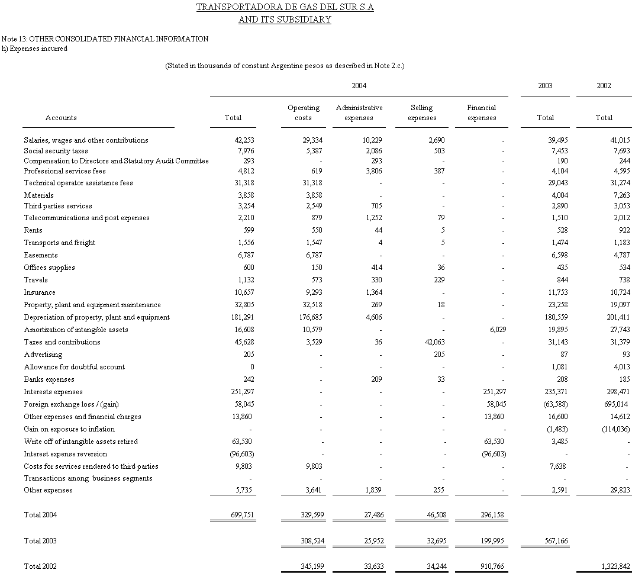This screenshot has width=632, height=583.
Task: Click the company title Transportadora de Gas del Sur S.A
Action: tap(285, 8)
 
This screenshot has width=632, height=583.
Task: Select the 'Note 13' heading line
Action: tap(105, 39)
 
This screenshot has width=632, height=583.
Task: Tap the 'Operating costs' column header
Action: tap(304, 112)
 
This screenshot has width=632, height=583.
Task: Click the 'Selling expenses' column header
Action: tap(422, 112)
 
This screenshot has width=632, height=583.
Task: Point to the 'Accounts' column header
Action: tap(61, 118)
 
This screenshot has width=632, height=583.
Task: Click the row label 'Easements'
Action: tap(41, 255)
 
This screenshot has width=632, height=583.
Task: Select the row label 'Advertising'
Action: tap(43, 355)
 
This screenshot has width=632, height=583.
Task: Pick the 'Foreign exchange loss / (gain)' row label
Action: tap(71, 404)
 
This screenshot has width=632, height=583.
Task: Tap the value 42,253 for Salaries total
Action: tap(244, 140)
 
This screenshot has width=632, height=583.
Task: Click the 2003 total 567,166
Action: tap(555, 541)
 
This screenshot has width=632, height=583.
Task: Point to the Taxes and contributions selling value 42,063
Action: tap(434, 342)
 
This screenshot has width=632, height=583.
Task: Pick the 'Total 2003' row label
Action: tap(40, 541)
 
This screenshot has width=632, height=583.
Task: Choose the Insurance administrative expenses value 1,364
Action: tap(372, 292)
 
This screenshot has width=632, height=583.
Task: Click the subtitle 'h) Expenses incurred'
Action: tap(35, 49)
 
